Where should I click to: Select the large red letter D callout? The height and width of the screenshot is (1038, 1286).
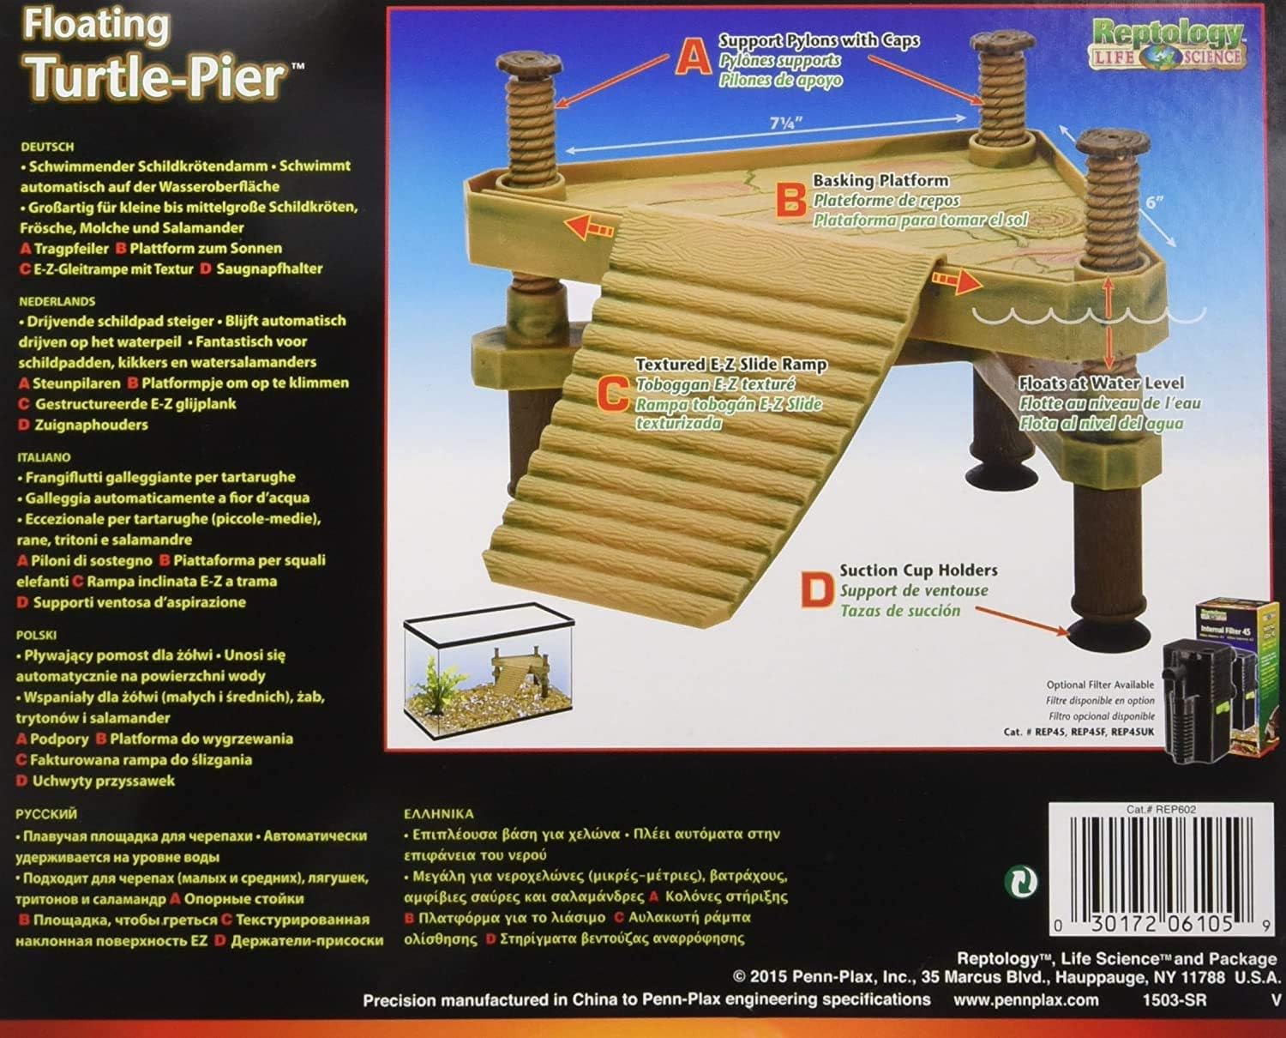pos(816,591)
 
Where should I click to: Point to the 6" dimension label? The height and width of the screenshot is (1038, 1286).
pos(1155,203)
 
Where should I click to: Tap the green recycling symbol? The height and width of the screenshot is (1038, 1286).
pos(1020,881)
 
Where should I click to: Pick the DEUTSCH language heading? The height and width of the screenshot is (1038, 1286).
pos(46,147)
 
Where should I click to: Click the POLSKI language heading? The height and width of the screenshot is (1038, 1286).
pos(36,635)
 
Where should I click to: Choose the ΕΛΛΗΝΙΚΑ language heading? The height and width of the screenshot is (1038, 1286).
pos(438,813)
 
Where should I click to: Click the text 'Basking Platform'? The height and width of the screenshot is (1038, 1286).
pos(880,181)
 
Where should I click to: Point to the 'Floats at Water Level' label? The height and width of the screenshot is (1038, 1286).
pos(1101,383)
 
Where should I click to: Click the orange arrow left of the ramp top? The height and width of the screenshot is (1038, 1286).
pos(592,227)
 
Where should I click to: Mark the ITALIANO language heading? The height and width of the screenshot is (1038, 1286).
pos(43,457)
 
